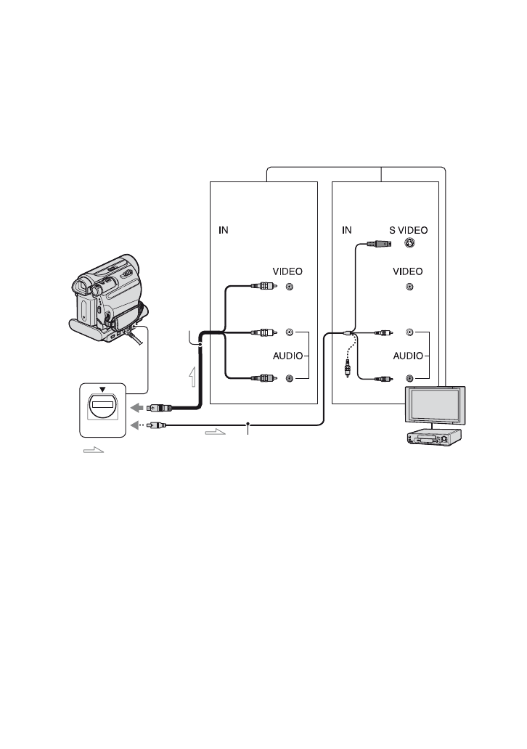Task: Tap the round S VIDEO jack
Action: point(411,245)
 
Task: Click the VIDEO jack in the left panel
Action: point(290,287)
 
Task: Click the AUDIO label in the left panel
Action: point(283,357)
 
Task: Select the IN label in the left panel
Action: point(225,230)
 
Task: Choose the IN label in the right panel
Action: point(347,230)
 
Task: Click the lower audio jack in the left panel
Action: point(290,378)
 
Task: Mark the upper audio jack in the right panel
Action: point(411,333)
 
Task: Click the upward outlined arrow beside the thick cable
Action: point(191,378)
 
